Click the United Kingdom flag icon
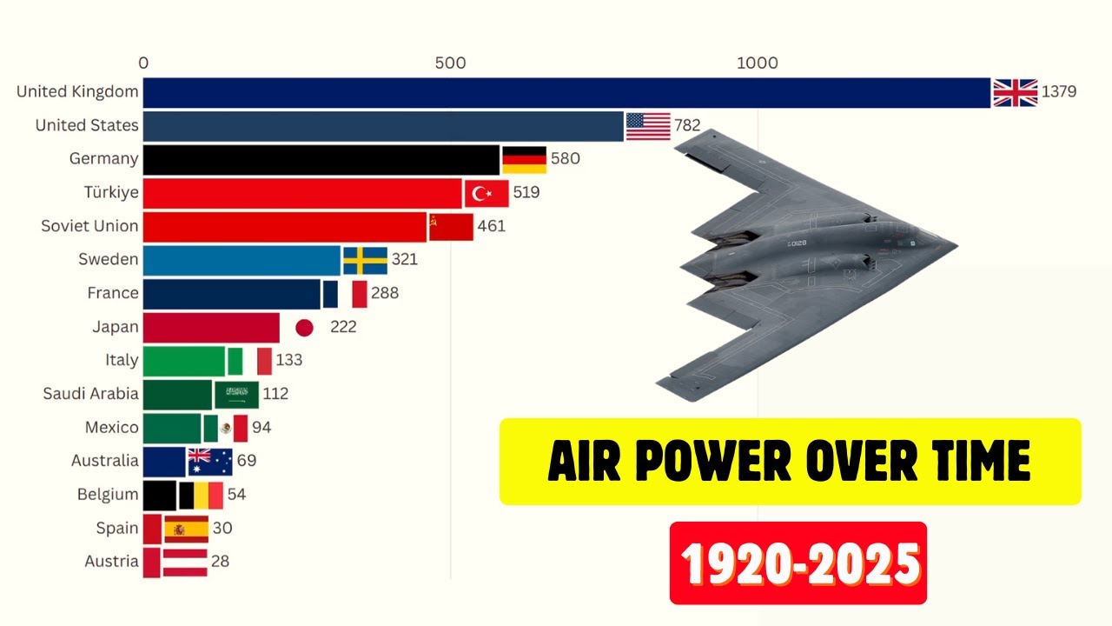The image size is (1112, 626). [1015, 92]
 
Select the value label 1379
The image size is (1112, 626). [1059, 92]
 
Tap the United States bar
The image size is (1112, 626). [382, 126]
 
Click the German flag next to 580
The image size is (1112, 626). [524, 159]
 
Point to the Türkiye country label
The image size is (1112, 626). [104, 192]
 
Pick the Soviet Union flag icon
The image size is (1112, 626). [451, 227]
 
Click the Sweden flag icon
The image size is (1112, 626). [365, 260]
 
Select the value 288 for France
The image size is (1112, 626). [385, 294]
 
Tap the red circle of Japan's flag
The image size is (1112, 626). [304, 328]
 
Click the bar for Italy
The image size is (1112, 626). [183, 361]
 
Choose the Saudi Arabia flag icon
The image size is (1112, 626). [236, 394]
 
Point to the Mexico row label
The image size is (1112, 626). [111, 428]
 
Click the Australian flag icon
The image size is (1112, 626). [210, 462]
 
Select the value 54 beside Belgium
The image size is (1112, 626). [236, 495]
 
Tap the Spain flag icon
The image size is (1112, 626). [186, 529]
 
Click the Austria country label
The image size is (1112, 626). [111, 562]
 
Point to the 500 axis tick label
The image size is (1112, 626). [450, 63]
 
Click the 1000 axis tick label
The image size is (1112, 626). [757, 63]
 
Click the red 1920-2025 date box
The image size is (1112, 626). [798, 563]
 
